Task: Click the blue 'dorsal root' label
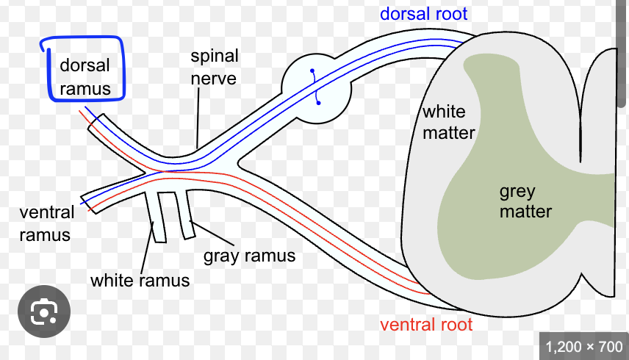coord(423,13)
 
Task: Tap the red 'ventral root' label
coord(425,324)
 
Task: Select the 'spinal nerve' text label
coord(213,66)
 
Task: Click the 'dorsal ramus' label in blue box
coord(85,76)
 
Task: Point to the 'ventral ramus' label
coord(46,223)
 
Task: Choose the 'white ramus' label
coord(140,280)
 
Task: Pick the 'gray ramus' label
coord(249,256)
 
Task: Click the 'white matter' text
coord(447,122)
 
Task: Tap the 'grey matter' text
coord(525,201)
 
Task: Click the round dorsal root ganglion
coord(316,87)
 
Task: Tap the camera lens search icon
coord(45,313)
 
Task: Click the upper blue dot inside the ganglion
coord(312,71)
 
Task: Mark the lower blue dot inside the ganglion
coord(318,103)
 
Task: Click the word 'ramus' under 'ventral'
coord(45,235)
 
